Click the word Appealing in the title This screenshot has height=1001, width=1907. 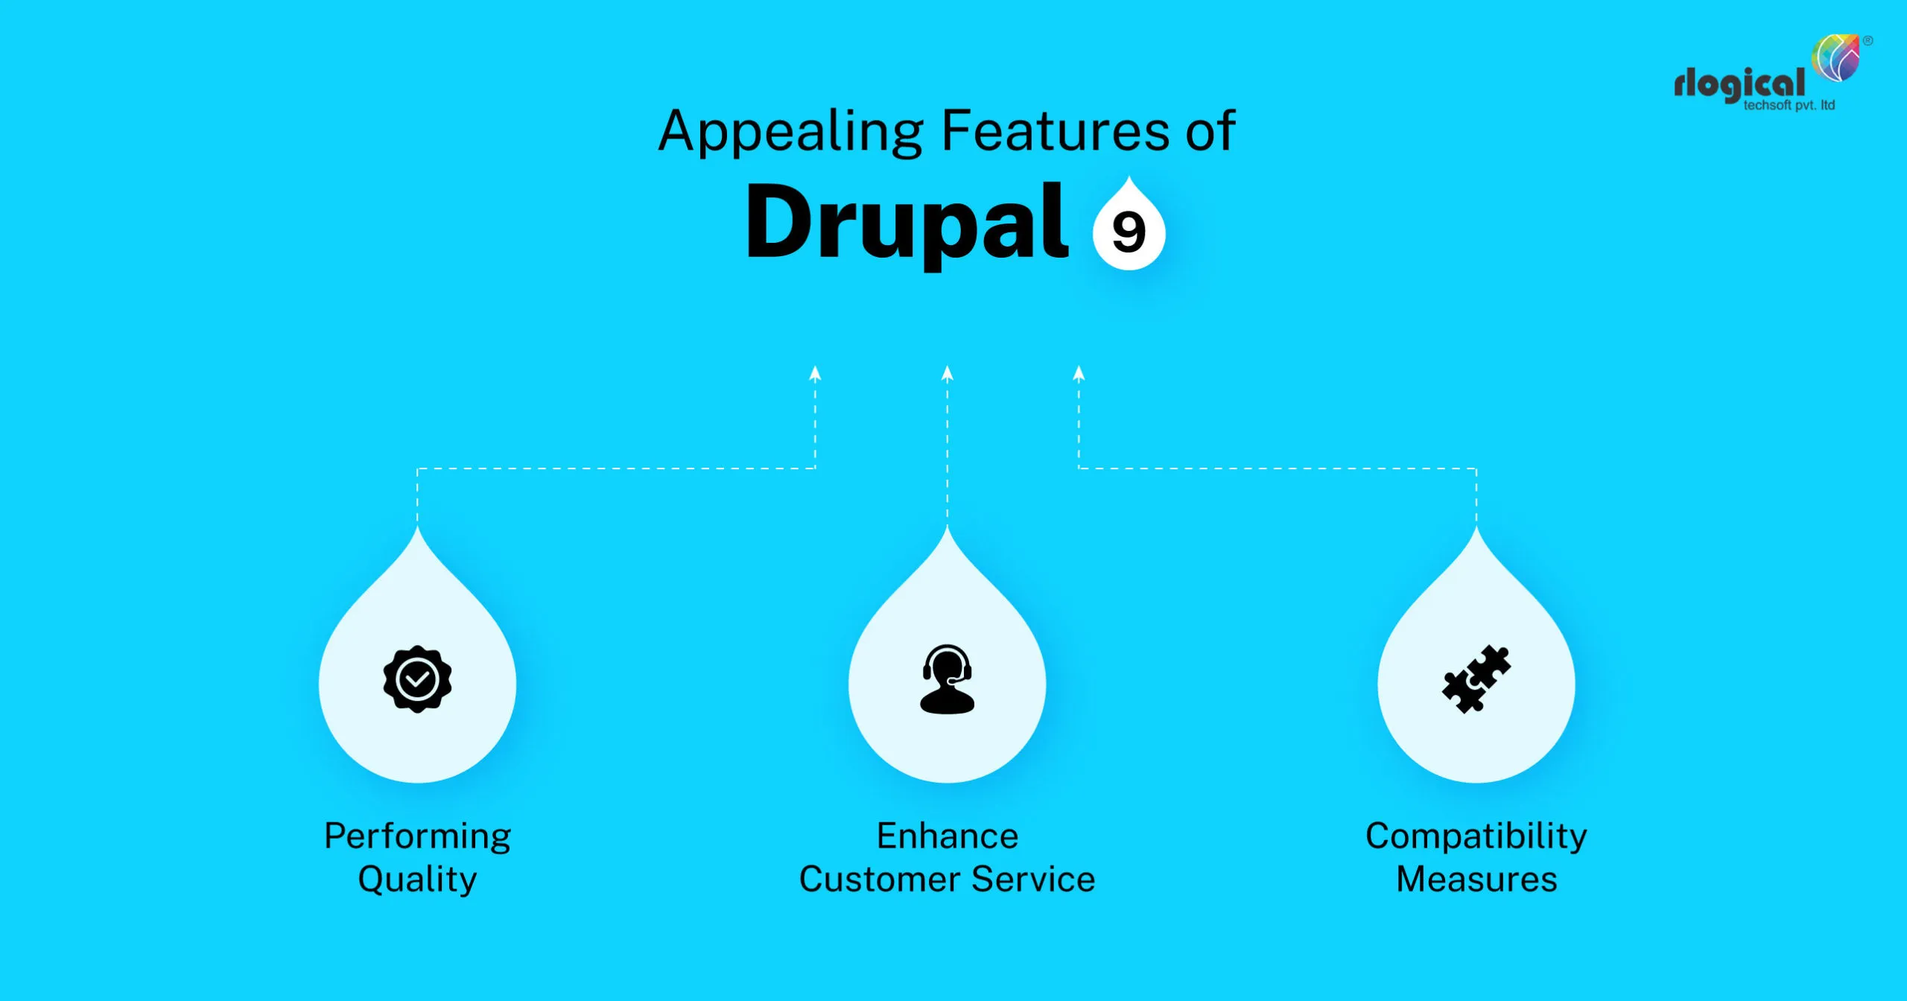pyautogui.click(x=790, y=133)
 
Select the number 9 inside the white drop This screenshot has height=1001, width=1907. pyautogui.click(x=1129, y=232)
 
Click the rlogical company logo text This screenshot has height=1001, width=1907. pyautogui.click(x=1739, y=84)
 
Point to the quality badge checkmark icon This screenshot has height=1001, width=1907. pyautogui.click(x=417, y=679)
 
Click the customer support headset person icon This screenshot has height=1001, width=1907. pyautogui.click(x=947, y=679)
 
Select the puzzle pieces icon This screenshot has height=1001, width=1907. pyautogui.click(x=1476, y=679)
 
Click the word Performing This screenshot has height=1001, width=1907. pyautogui.click(x=417, y=836)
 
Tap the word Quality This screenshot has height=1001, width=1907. pyautogui.click(x=417, y=880)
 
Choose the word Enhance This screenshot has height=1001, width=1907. pyautogui.click(x=947, y=836)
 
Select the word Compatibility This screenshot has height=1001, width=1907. pyautogui.click(x=1476, y=836)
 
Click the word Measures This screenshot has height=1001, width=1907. pyautogui.click(x=1476, y=880)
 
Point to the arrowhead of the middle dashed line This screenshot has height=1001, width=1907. pyautogui.click(x=947, y=373)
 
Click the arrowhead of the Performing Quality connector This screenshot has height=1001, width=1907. pyautogui.click(x=815, y=373)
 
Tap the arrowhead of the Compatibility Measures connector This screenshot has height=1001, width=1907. pyautogui.click(x=1079, y=373)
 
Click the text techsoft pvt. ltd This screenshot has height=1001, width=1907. pyautogui.click(x=1789, y=106)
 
